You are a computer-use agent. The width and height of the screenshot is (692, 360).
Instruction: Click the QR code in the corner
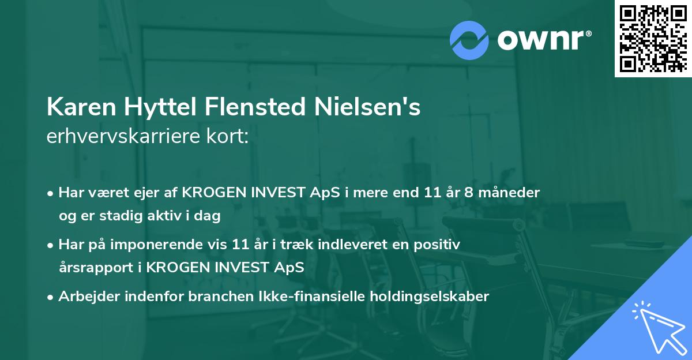tap(653, 38)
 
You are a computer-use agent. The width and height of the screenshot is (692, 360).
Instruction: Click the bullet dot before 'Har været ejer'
tap(51, 193)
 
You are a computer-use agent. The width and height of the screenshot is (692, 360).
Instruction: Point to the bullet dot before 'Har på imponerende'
tap(51, 245)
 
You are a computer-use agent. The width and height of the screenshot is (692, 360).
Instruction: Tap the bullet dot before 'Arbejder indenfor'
tap(51, 297)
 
